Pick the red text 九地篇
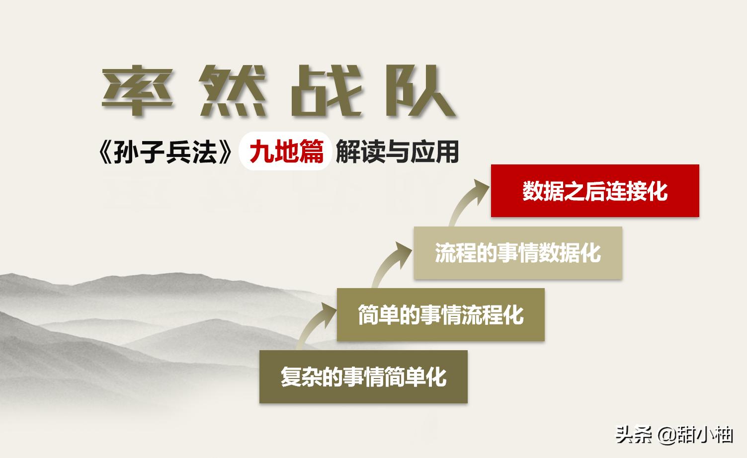pos(286,152)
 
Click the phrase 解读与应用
pos(397,152)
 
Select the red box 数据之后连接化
pos(595,191)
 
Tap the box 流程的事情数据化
pos(518,253)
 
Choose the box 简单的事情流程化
pos(440,314)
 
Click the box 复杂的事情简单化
pos(363,377)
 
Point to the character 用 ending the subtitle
pos(448,152)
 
